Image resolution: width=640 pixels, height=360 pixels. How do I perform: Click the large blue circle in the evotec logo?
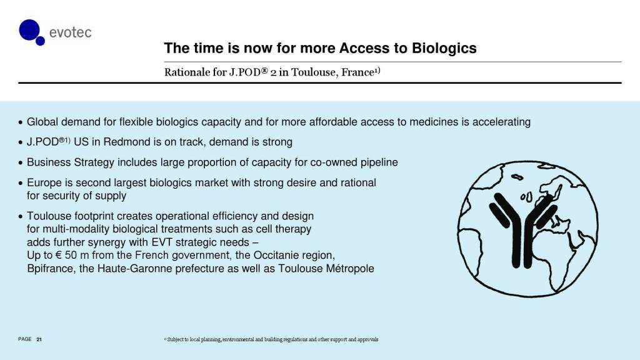[x=29, y=30]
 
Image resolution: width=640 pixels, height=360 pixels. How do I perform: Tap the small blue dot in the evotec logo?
[x=40, y=41]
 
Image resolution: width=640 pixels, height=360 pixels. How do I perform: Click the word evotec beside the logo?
[x=70, y=32]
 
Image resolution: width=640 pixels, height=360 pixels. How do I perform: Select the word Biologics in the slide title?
[x=444, y=48]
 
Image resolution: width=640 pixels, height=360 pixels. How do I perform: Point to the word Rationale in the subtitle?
[x=187, y=72]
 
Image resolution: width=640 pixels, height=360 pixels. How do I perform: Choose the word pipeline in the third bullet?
[x=379, y=162]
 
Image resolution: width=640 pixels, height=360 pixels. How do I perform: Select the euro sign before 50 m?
[x=58, y=256]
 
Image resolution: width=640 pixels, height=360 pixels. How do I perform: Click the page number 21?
[x=39, y=339]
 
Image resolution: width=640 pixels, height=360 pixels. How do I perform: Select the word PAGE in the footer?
[x=25, y=339]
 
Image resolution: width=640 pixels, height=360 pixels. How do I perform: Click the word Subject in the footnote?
[x=175, y=339]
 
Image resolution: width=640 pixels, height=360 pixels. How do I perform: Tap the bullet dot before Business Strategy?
[x=21, y=163]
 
